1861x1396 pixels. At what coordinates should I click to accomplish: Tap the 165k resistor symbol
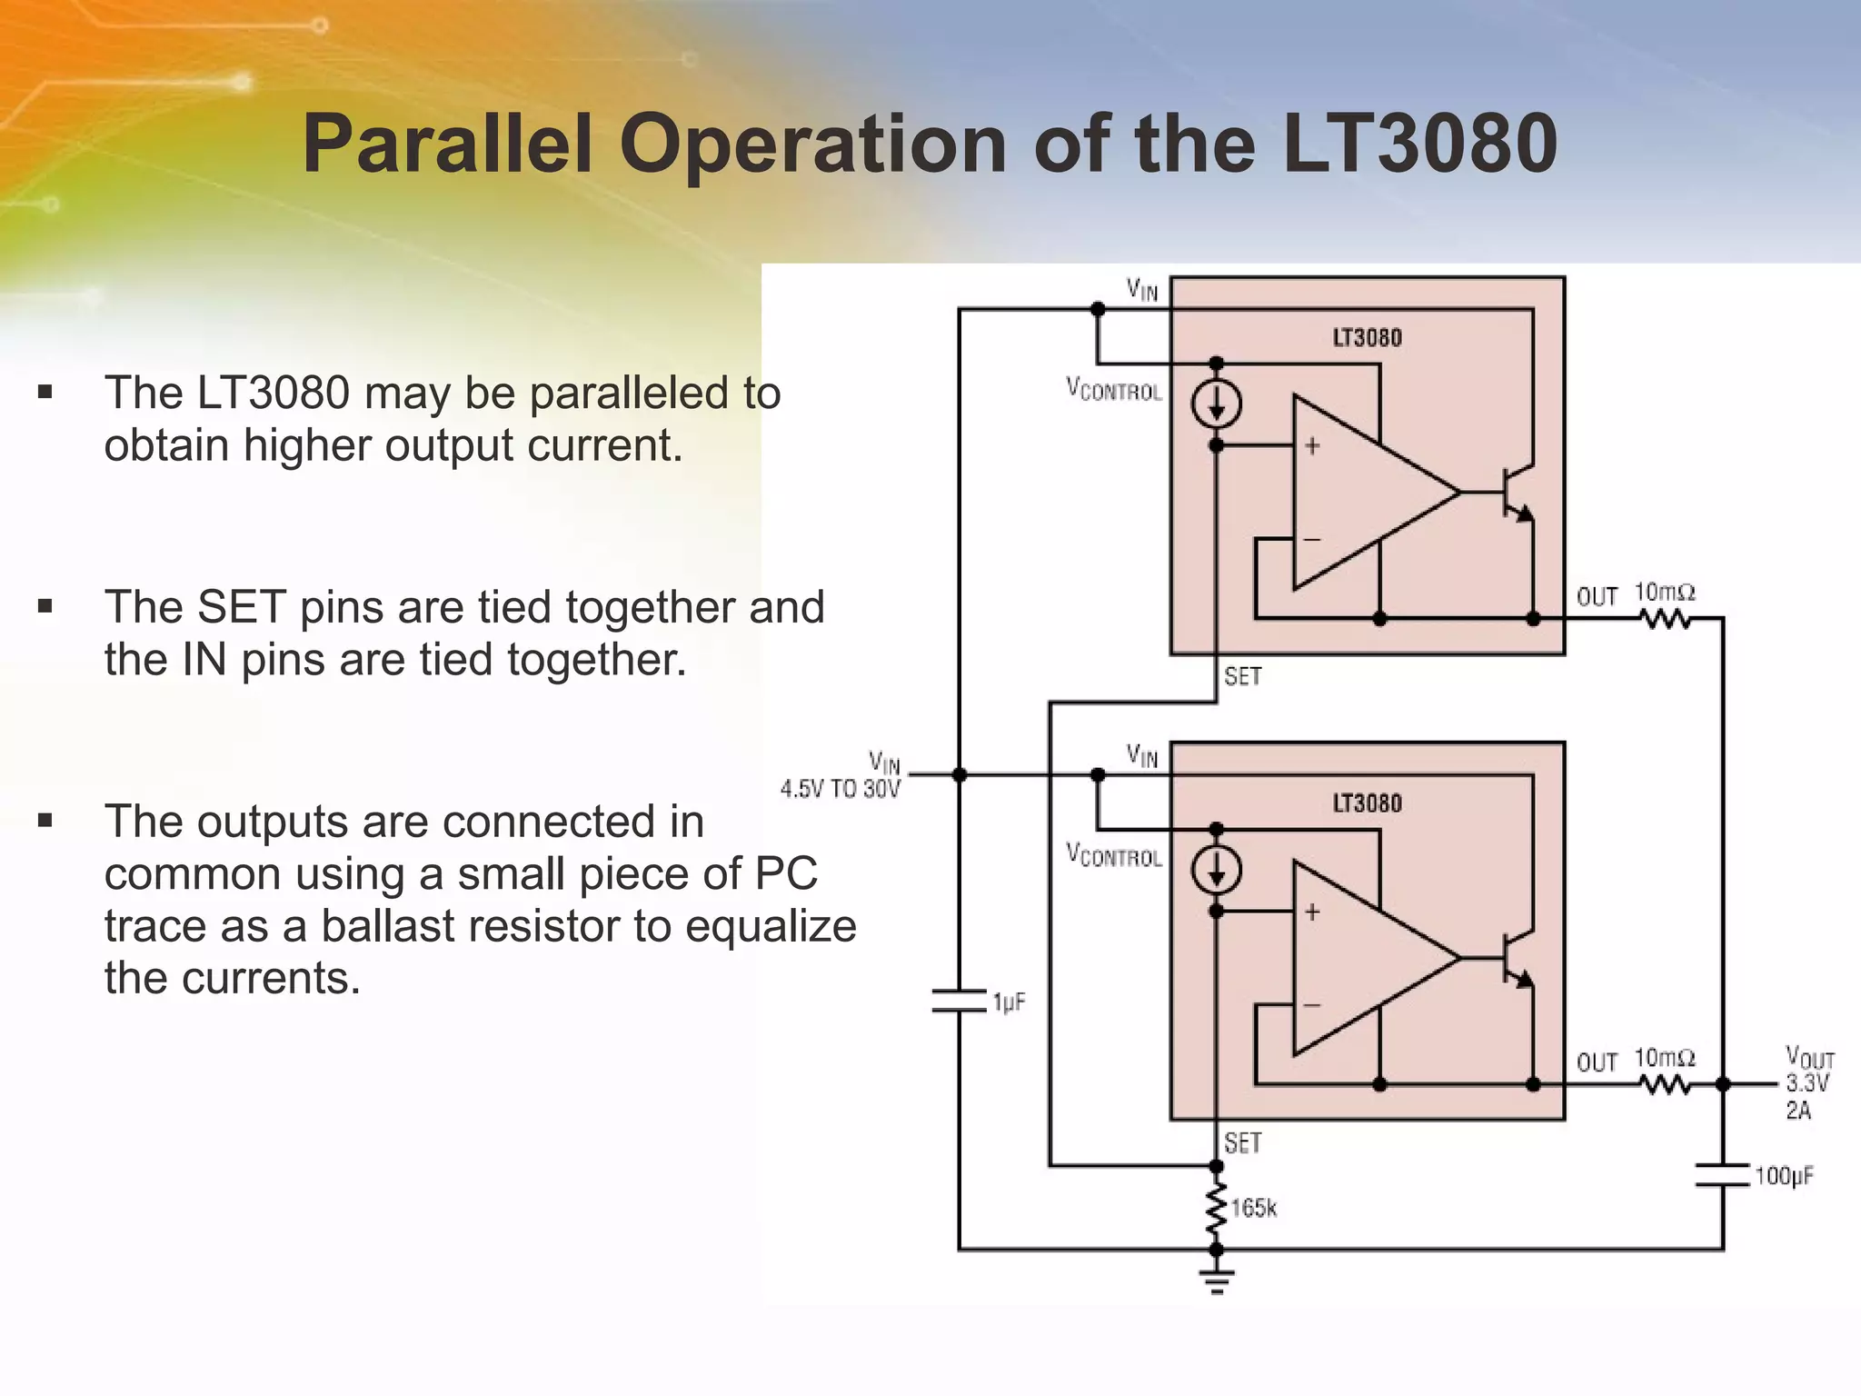point(1216,1209)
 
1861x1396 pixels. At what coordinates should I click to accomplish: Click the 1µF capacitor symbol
point(959,1001)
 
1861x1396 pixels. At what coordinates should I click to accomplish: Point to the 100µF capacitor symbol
point(1722,1174)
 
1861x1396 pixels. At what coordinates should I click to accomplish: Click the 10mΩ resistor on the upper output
point(1665,619)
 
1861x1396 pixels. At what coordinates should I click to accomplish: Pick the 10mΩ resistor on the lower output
point(1665,1084)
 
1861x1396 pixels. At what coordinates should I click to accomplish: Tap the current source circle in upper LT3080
point(1217,404)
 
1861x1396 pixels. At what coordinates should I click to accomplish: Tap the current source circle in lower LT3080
point(1217,871)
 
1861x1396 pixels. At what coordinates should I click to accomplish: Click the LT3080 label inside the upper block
point(1367,338)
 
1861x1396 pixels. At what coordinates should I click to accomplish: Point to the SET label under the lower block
point(1242,1142)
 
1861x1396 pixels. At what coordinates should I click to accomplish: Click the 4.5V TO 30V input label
point(840,789)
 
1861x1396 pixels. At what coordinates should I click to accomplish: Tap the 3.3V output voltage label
point(1807,1083)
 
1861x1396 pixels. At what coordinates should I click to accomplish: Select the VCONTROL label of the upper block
point(1114,390)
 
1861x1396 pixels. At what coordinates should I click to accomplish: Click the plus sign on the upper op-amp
point(1312,446)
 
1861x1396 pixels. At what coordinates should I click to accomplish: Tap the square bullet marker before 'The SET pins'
point(45,607)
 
